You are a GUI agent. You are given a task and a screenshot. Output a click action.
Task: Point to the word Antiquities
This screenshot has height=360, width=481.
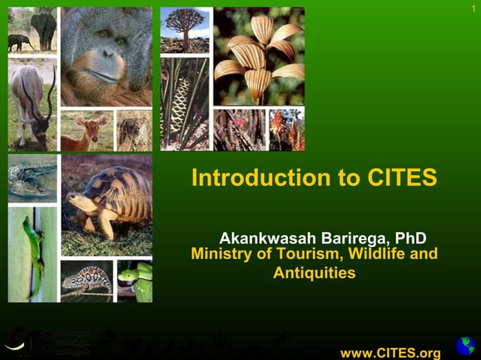point(314,273)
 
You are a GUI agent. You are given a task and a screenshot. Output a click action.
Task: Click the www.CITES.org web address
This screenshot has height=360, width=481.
point(390,353)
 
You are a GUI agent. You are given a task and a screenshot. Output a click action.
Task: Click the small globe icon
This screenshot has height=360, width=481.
point(464,346)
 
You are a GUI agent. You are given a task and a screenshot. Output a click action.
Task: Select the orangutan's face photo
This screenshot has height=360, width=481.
point(106,56)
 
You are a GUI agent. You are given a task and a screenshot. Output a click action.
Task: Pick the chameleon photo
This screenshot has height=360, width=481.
point(86,281)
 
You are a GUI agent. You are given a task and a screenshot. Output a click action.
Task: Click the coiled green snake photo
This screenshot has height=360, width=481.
point(135,281)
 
